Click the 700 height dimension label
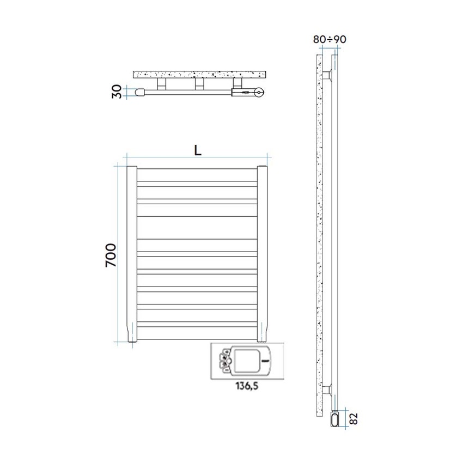point(110,255)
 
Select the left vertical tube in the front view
point(131,254)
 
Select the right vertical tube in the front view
point(264,254)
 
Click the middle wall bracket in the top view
point(199,83)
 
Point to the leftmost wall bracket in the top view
point(162,83)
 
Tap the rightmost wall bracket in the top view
point(237,83)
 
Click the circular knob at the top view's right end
point(260,93)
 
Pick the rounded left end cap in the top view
point(139,93)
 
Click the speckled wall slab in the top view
point(199,74)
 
